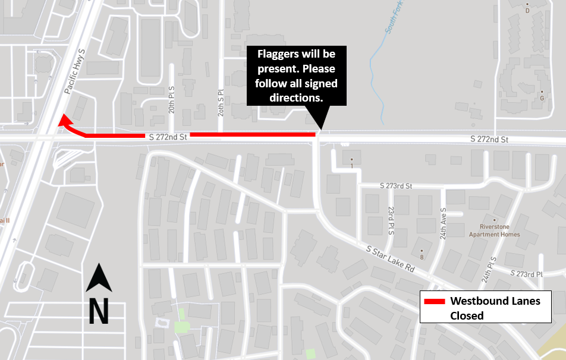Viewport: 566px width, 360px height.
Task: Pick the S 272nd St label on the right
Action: tap(489, 140)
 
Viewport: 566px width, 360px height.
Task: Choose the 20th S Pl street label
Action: tap(220, 100)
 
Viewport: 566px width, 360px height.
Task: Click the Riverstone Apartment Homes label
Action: tap(499, 230)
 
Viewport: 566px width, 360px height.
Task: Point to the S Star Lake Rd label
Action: tap(391, 257)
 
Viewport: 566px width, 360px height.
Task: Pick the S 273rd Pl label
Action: tap(528, 273)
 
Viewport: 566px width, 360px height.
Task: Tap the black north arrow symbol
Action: tap(99, 279)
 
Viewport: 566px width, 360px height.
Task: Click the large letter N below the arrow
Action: tap(99, 311)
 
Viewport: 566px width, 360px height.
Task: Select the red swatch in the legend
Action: tap(434, 301)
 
